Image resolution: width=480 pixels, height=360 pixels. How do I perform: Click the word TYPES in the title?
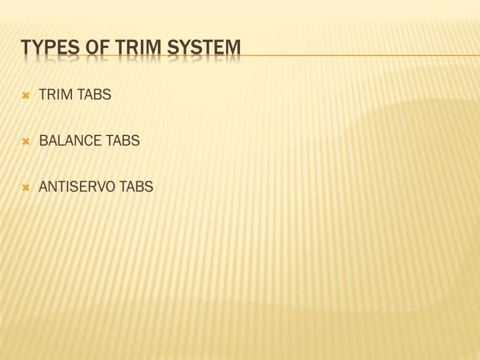coord(50,47)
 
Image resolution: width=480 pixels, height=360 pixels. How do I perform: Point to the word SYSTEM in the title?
coord(204,47)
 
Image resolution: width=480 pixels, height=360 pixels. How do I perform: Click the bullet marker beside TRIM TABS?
coord(26,96)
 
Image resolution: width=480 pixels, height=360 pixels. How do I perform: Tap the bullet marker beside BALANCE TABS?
coord(26,142)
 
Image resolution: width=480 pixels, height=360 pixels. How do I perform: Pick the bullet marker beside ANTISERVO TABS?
coord(26,188)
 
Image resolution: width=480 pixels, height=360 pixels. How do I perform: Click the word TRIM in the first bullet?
coord(55,94)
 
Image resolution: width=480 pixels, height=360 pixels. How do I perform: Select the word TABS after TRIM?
coord(94,94)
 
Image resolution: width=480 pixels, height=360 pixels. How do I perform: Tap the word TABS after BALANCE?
coord(123,141)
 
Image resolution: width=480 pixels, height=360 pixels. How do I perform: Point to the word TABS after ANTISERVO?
coord(136,187)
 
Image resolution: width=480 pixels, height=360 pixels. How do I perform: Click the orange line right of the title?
coord(361,55)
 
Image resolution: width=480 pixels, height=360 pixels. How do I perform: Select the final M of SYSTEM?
coord(233,47)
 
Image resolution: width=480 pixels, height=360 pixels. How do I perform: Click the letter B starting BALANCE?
coord(44,141)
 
